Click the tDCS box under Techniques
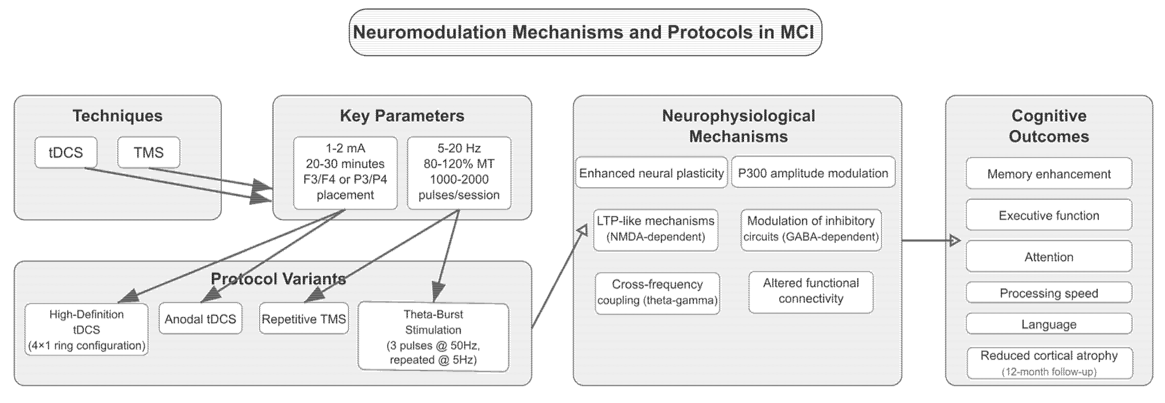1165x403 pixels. click(66, 153)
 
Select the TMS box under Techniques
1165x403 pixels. click(149, 153)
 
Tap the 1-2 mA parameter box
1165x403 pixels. click(345, 173)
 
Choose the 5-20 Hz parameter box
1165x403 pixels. click(459, 173)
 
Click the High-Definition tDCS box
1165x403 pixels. click(86, 330)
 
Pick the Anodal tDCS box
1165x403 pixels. click(200, 319)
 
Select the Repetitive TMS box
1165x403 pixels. click(304, 319)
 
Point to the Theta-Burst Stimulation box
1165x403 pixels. click(433, 337)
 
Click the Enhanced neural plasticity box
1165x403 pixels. click(651, 173)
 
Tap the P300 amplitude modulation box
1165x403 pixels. click(813, 173)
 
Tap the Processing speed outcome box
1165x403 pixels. click(1049, 293)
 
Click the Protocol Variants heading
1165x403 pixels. click(279, 278)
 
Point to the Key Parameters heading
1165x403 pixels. click(402, 116)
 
